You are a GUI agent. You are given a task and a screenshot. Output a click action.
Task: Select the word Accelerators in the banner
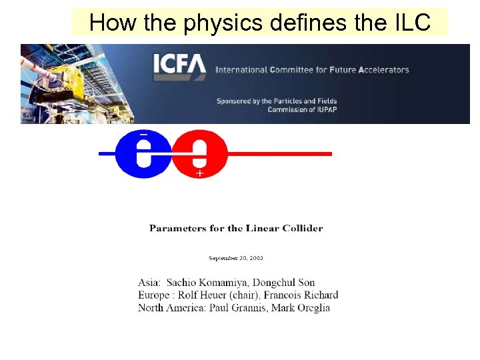[x=381, y=69]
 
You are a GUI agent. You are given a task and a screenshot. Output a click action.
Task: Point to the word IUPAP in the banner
[x=324, y=109]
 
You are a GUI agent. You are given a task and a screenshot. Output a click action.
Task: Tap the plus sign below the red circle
[x=199, y=173]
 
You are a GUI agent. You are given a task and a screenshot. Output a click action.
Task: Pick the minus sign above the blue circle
[x=143, y=134]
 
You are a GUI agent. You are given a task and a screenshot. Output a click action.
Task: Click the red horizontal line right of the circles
[x=280, y=154]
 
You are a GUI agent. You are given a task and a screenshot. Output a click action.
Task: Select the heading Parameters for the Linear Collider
[x=236, y=228]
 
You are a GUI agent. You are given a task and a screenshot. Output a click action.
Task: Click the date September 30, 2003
[x=236, y=258]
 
